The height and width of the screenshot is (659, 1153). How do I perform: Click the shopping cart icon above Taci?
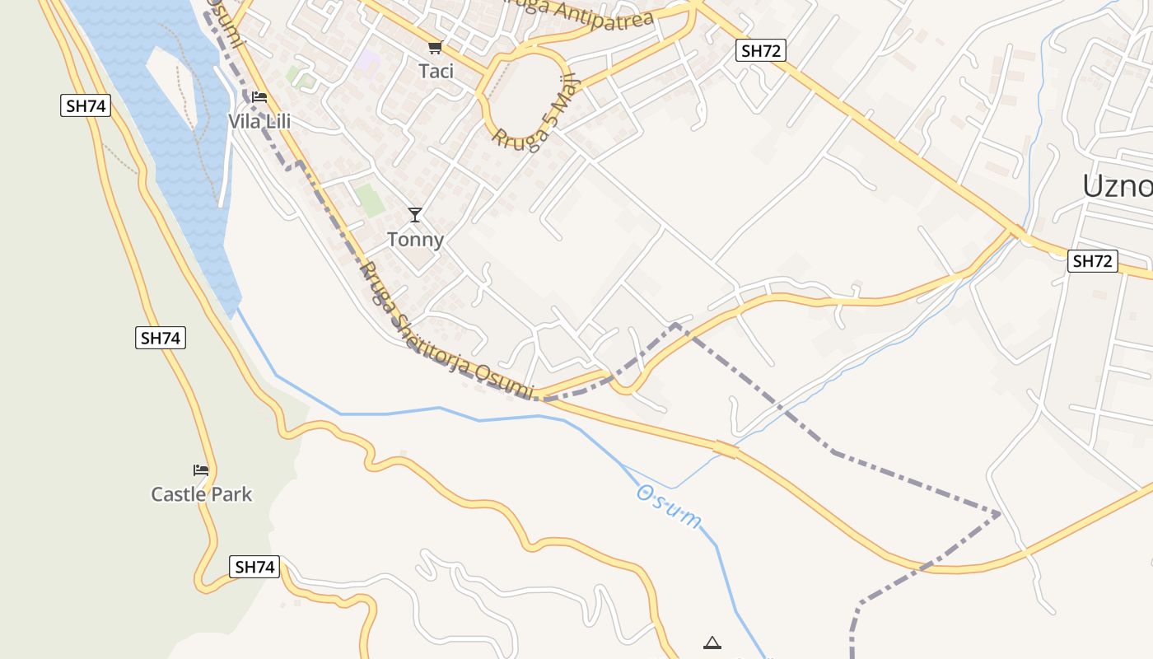435,48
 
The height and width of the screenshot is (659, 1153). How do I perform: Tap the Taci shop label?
436,71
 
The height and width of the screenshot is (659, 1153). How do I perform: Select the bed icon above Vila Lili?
259,97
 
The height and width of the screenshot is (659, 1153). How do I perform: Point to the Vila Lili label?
259,122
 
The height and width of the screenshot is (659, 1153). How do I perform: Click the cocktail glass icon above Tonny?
415,215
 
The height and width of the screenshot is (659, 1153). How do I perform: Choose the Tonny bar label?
415,240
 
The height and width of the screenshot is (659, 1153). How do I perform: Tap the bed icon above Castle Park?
201,470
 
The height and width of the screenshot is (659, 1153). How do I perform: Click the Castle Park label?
201,494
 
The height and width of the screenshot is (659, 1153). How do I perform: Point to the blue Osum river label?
669,506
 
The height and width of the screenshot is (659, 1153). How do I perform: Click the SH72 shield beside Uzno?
1092,262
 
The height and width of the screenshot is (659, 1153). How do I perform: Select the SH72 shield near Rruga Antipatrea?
760,50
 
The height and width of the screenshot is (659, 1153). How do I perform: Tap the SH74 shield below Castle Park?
254,567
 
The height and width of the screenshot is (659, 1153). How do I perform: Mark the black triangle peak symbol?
712,643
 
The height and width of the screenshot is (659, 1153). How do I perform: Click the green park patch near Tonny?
370,200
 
